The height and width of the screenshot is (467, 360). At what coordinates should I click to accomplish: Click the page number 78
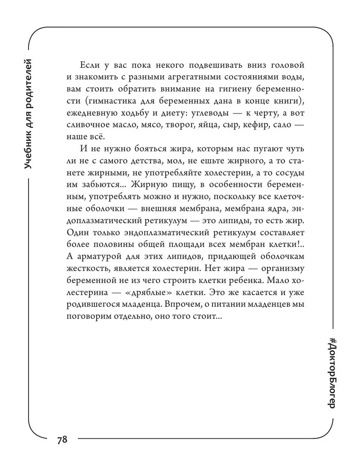[62, 440]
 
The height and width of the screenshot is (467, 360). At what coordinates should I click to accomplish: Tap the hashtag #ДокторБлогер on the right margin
[332, 371]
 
